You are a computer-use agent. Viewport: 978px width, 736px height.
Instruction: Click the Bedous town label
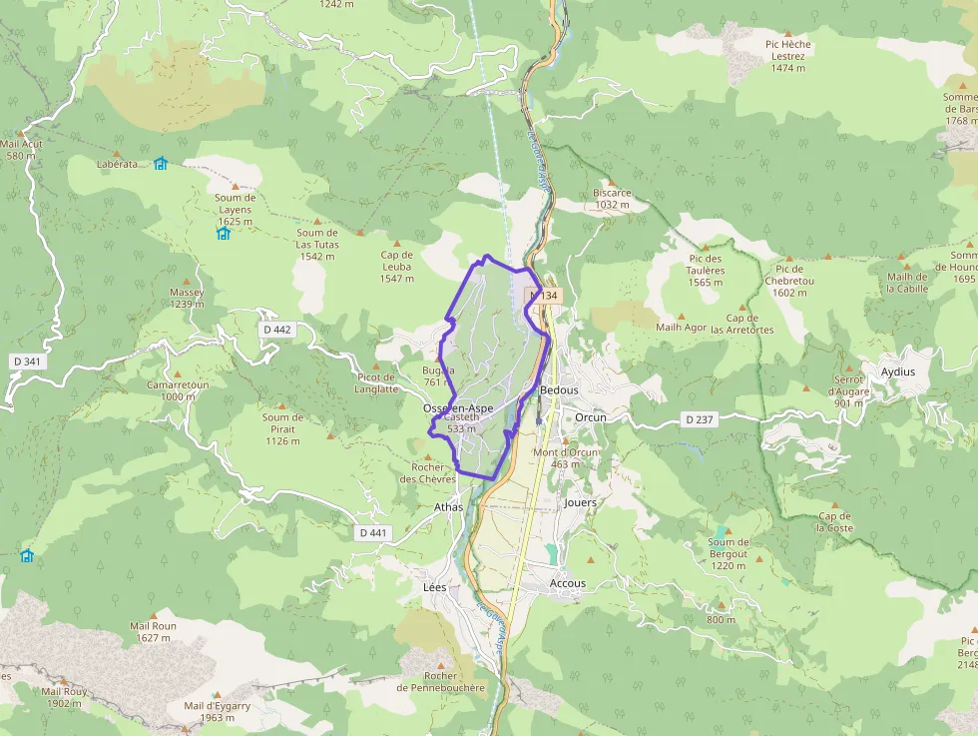pos(559,389)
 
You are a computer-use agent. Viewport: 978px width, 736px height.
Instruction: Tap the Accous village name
pos(568,583)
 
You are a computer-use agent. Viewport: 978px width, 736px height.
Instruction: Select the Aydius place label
pos(897,371)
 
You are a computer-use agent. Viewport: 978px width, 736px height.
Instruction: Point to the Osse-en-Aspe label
pos(458,408)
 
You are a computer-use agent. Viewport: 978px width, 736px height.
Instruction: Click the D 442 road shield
pos(277,330)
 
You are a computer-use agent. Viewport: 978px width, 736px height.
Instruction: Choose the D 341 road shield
pos(28,361)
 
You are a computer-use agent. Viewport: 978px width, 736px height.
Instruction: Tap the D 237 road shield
pos(700,419)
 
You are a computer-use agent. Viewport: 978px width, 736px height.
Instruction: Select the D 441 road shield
pos(371,533)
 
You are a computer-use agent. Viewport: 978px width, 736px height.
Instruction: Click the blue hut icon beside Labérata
pos(161,163)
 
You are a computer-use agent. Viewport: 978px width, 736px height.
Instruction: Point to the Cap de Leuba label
pos(396,266)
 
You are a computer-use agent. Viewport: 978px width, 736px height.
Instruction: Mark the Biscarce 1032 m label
pos(612,199)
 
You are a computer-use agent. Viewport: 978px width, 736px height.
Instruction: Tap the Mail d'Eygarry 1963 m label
pos(217,711)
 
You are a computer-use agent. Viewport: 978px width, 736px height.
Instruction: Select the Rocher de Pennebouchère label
pos(440,681)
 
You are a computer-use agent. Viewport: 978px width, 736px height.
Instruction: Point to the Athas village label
pos(449,507)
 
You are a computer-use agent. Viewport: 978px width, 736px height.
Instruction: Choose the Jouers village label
pos(580,502)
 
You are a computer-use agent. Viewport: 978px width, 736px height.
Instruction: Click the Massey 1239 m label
pos(187,298)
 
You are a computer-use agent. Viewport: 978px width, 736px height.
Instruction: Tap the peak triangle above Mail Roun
pos(153,614)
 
